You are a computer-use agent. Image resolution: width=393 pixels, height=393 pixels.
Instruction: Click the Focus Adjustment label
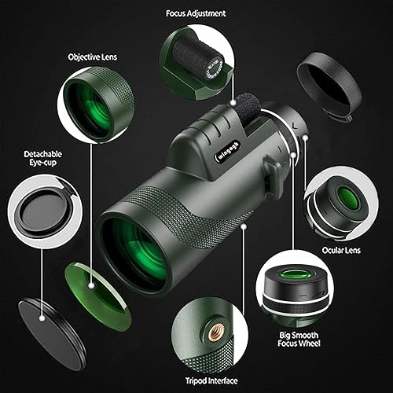click(196, 13)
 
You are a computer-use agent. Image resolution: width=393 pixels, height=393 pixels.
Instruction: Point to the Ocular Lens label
click(341, 250)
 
